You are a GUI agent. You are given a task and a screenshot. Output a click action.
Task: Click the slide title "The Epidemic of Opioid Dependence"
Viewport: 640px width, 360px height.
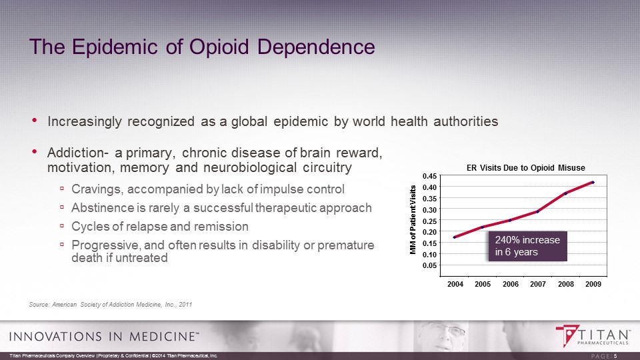pyautogui.click(x=203, y=47)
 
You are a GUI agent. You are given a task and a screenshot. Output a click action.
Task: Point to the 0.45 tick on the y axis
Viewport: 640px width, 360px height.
pyautogui.click(x=431, y=175)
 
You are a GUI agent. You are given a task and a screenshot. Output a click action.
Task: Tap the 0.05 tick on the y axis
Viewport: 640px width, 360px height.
pyautogui.click(x=431, y=265)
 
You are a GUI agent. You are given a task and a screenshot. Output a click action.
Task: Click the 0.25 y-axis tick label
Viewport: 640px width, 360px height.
pyautogui.click(x=431, y=221)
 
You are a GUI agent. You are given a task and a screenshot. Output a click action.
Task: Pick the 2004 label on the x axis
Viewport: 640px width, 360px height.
pyautogui.click(x=455, y=284)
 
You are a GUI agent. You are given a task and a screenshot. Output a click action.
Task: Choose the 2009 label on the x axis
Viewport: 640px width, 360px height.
pyautogui.click(x=593, y=284)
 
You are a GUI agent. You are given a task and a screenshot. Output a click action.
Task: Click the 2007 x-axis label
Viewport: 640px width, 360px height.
pyautogui.click(x=538, y=284)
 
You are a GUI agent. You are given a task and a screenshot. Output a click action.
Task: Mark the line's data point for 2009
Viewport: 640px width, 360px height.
pyautogui.click(x=593, y=182)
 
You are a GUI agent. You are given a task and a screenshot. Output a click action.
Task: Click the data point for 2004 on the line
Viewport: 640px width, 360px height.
pyautogui.click(x=455, y=237)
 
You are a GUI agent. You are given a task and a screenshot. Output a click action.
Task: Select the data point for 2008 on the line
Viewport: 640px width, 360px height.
pyautogui.click(x=565, y=193)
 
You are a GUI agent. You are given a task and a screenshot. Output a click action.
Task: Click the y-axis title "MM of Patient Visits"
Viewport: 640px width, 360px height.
pyautogui.click(x=413, y=218)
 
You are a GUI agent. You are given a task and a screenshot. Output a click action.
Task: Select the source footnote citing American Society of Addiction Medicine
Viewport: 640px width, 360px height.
pyautogui.click(x=111, y=305)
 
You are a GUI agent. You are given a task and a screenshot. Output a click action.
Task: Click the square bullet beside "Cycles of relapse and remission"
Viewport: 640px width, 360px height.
pyautogui.click(x=62, y=226)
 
